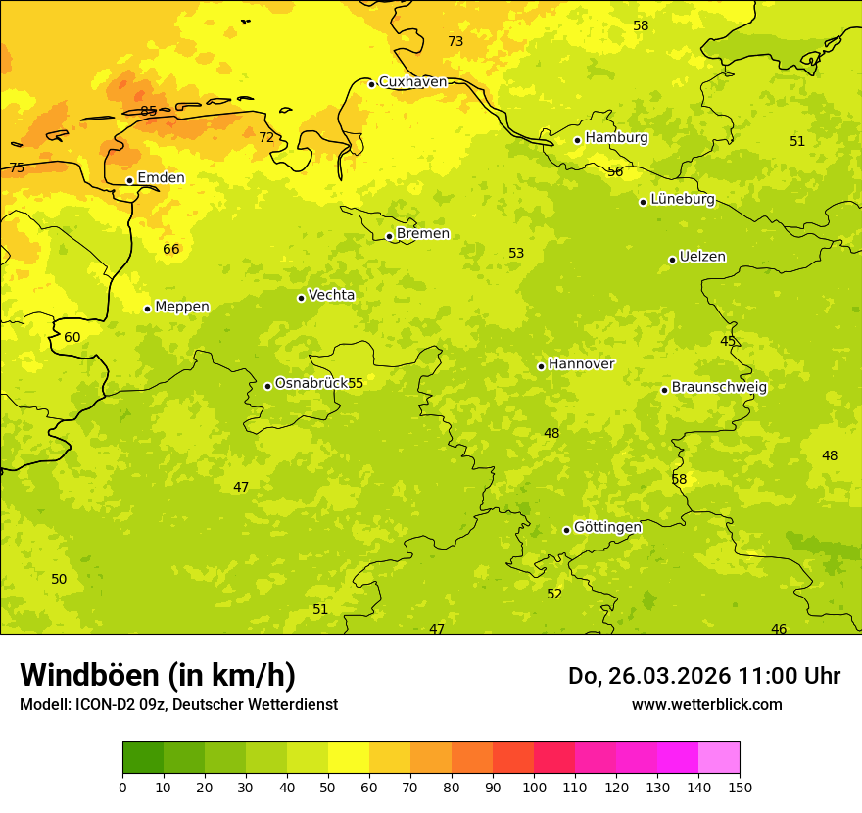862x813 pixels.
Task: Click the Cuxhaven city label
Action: click(x=412, y=82)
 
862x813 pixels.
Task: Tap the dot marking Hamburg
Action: click(x=578, y=140)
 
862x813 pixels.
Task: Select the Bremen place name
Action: click(x=423, y=234)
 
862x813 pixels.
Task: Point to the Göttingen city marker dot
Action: click(x=566, y=530)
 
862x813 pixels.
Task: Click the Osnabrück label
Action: click(x=311, y=383)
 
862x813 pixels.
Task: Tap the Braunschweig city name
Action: click(x=719, y=388)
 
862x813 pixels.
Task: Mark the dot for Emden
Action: click(x=129, y=180)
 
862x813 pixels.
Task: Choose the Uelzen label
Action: click(x=702, y=258)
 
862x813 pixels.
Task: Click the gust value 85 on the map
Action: click(x=149, y=111)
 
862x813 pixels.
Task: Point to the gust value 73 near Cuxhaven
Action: click(x=455, y=41)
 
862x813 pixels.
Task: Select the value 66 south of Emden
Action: click(x=171, y=249)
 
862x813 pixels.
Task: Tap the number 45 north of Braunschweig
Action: click(x=728, y=341)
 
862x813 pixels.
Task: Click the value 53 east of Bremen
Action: click(x=516, y=253)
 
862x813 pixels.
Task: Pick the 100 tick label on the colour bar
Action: click(x=534, y=787)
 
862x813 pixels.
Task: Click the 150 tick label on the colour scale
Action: click(x=740, y=787)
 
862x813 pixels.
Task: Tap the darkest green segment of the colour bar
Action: click(x=143, y=758)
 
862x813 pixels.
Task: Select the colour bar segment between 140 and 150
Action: click(x=719, y=758)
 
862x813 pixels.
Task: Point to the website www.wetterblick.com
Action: click(x=706, y=704)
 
